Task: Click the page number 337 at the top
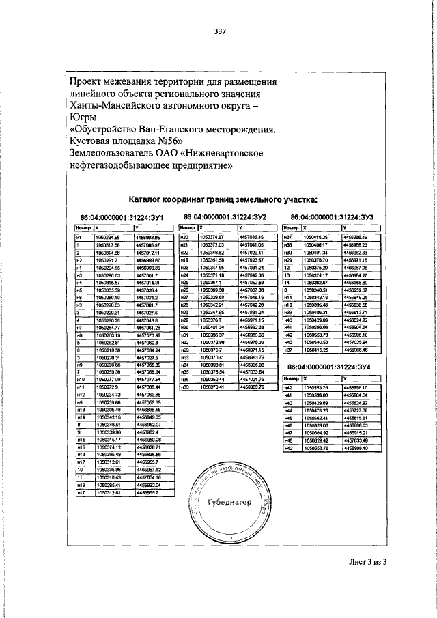(220, 31)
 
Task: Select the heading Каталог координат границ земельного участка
(222, 199)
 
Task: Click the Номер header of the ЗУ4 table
(292, 378)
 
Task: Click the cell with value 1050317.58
(108, 244)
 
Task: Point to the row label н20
(184, 236)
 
